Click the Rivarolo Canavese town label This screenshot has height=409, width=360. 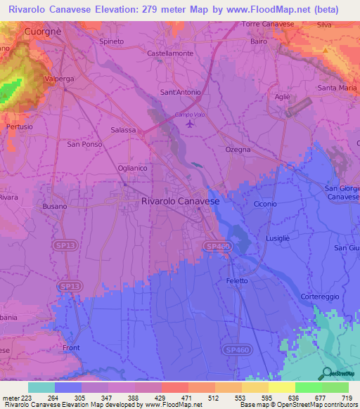pyautogui.click(x=181, y=201)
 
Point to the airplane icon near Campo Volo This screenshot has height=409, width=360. pyautogui.click(x=189, y=124)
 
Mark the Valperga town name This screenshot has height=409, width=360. pyautogui.click(x=59, y=79)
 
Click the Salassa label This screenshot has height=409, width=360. pyautogui.click(x=124, y=130)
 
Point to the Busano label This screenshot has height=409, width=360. pyautogui.click(x=54, y=208)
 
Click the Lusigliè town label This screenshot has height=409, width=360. pyautogui.click(x=278, y=240)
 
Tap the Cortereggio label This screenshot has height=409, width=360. pyautogui.click(x=321, y=297)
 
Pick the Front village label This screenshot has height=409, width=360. pyautogui.click(x=71, y=348)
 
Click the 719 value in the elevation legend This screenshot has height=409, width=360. pyautogui.click(x=348, y=397)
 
